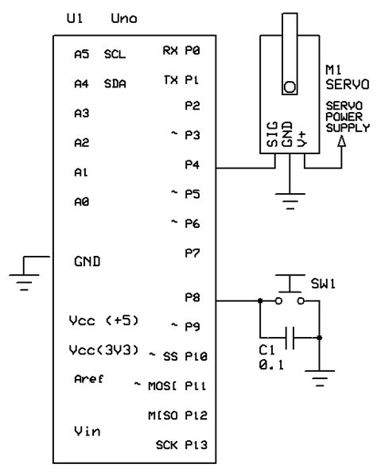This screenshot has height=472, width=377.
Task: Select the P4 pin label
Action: pos(192,164)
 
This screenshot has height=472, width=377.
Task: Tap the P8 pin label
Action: pos(192,298)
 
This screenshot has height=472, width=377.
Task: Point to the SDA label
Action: pos(115,83)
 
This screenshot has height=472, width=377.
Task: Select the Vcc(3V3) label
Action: pos(105,350)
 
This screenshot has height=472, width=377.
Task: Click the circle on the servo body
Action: pos(290,87)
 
